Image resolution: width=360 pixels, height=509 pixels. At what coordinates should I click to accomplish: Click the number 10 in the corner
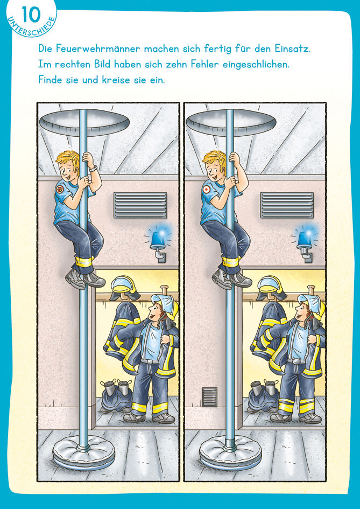click(x=31, y=15)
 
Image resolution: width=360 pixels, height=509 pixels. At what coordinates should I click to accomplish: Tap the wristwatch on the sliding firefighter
click(x=94, y=168)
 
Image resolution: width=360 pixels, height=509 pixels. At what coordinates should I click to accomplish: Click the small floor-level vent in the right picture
click(x=209, y=396)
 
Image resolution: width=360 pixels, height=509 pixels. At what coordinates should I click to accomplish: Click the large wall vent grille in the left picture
click(x=140, y=205)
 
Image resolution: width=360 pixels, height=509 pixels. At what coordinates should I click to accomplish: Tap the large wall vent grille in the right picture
click(x=287, y=205)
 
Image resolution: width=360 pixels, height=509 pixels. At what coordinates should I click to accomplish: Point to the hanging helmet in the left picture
click(x=124, y=287)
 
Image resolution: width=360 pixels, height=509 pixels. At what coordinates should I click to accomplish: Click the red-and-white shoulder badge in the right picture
click(x=206, y=189)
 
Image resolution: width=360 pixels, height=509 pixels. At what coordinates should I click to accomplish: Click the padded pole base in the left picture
click(x=83, y=453)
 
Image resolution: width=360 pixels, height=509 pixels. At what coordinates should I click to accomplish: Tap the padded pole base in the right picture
click(x=230, y=453)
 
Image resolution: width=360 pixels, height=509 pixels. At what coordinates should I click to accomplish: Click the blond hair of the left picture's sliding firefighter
click(x=68, y=160)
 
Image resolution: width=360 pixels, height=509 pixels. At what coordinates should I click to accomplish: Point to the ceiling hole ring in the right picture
click(x=231, y=123)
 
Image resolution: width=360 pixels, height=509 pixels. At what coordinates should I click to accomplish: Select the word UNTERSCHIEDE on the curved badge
click(x=31, y=27)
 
